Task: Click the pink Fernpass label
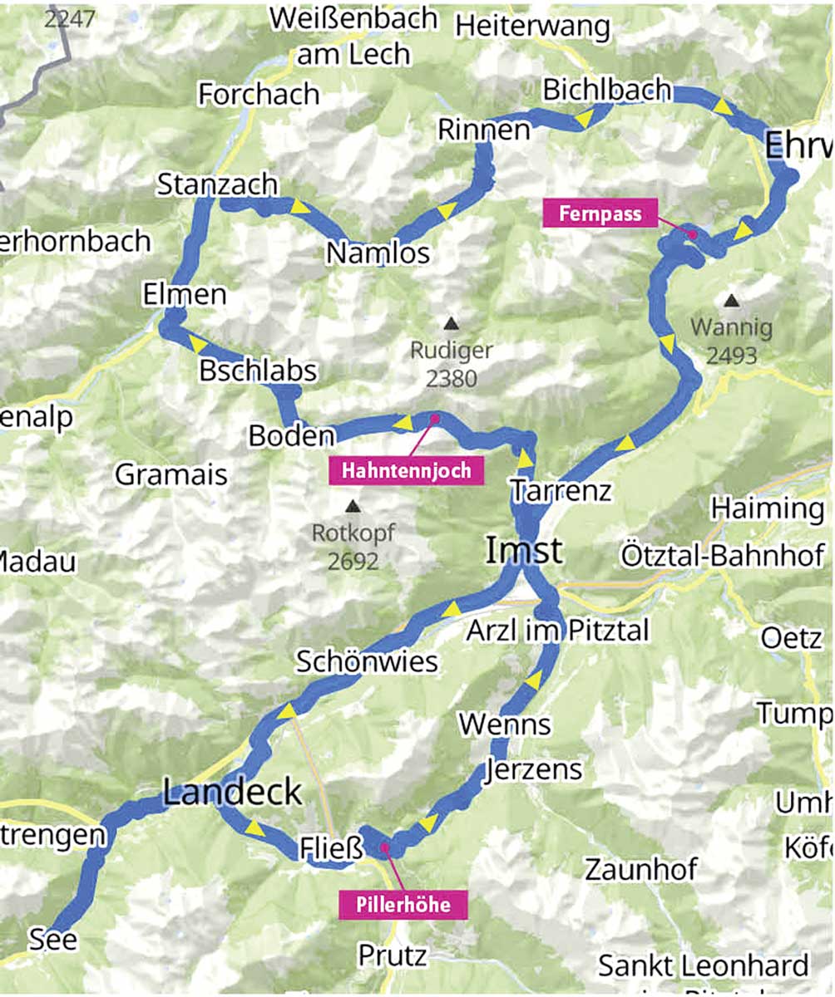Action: pyautogui.click(x=600, y=214)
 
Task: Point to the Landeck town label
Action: pyautogui.click(x=232, y=793)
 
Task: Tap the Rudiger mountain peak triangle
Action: pyautogui.click(x=451, y=322)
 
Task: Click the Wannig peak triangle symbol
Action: pyautogui.click(x=730, y=300)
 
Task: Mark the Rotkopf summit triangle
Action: pyautogui.click(x=353, y=505)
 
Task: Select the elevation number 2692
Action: pyautogui.click(x=353, y=562)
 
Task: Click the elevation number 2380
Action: pyautogui.click(x=452, y=379)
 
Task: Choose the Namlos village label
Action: pyautogui.click(x=378, y=253)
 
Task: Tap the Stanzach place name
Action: pyautogui.click(x=217, y=184)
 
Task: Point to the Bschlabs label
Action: pyautogui.click(x=258, y=371)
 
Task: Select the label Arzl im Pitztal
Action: pyautogui.click(x=546, y=631)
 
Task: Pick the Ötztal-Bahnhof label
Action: pyautogui.click(x=722, y=554)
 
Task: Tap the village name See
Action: pyautogui.click(x=53, y=940)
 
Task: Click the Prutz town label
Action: pyautogui.click(x=393, y=955)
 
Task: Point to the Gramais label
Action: pyautogui.click(x=170, y=474)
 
